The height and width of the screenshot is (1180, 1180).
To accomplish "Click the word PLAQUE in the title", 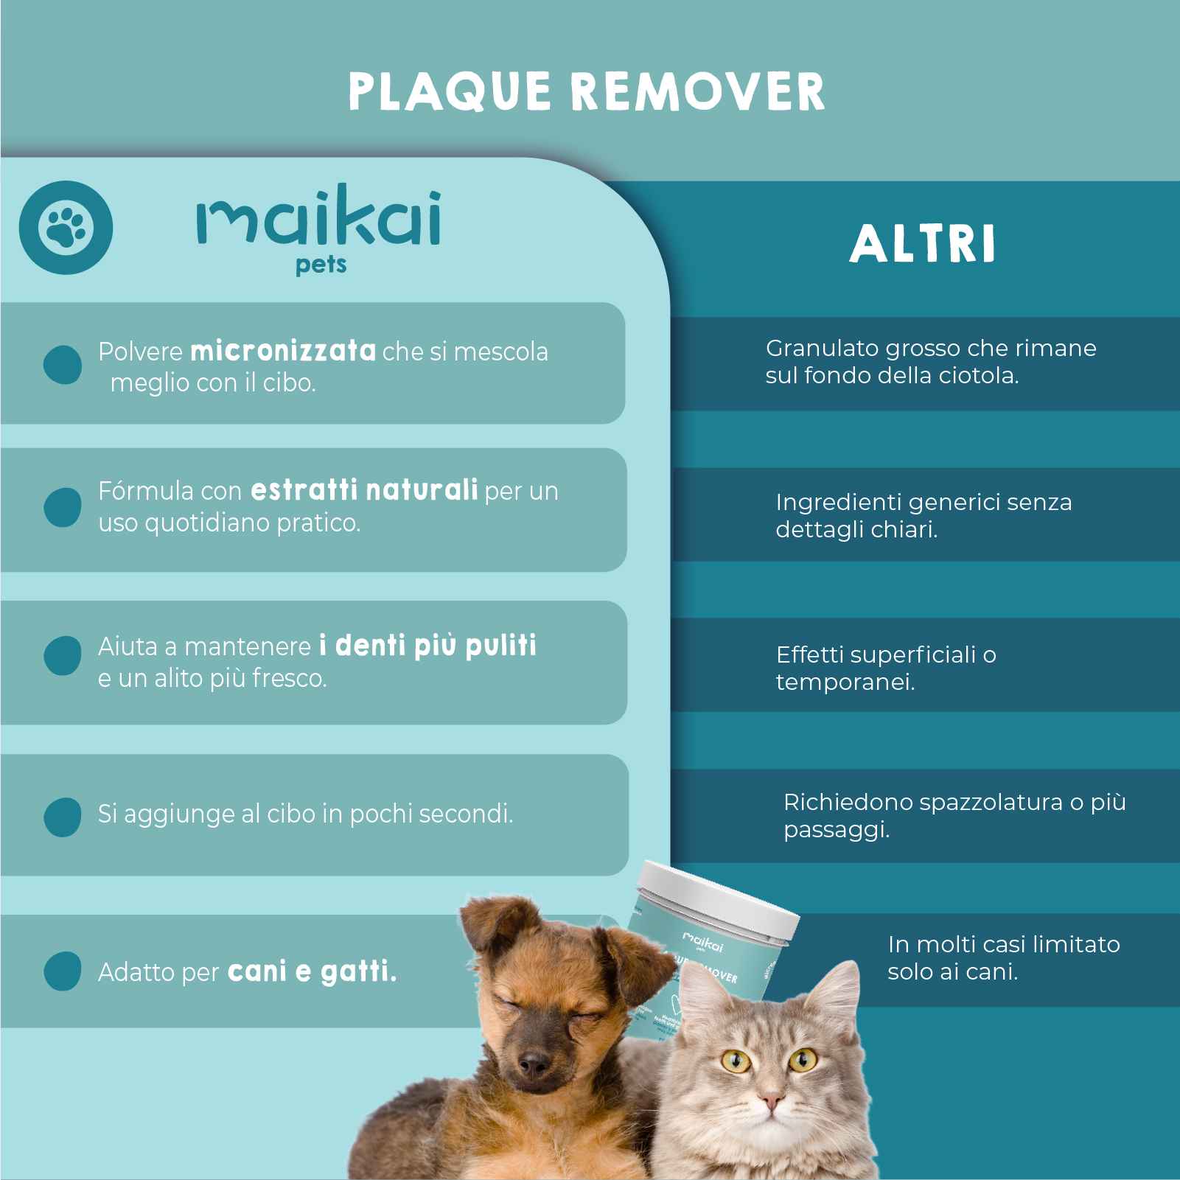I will pyautogui.click(x=449, y=92).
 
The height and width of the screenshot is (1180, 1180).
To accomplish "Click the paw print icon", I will pyautogui.click(x=66, y=227).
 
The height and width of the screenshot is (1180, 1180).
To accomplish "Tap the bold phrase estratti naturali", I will pyautogui.click(x=364, y=489).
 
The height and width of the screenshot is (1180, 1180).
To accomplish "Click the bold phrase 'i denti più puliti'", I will pyautogui.click(x=427, y=645).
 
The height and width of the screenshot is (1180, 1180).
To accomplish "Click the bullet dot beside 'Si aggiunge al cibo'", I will pyautogui.click(x=63, y=817).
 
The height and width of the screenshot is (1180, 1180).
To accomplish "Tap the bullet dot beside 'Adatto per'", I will pyautogui.click(x=63, y=971).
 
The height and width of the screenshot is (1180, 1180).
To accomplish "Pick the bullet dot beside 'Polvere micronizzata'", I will pyautogui.click(x=63, y=364).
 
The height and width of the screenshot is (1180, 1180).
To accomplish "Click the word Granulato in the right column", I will pyautogui.click(x=821, y=348).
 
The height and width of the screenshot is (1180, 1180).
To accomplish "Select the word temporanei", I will pyautogui.click(x=845, y=682).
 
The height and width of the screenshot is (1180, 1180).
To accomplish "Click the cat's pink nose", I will pyautogui.click(x=770, y=1103).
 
